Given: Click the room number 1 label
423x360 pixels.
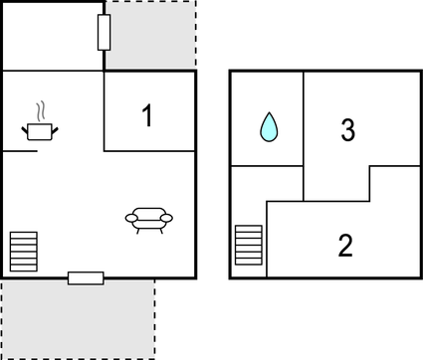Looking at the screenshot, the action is pos(147,116).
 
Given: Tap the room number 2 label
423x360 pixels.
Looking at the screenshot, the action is pos(345,245).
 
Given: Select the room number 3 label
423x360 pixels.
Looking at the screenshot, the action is pos(347,130).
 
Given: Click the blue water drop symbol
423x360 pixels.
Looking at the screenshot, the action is pos(268,126).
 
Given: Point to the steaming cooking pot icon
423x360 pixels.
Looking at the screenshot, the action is pos(40,129).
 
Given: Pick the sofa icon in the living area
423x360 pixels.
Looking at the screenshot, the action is pos(148,219).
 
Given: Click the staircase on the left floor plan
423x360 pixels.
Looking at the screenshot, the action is pos(23,251).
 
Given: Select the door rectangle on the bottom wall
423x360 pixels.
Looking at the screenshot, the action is pos(86,277).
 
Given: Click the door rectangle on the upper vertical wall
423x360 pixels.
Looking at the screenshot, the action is pos(104,33).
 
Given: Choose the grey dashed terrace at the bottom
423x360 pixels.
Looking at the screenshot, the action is pos(78,318).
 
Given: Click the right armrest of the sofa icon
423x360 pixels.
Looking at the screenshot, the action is pos(166,218).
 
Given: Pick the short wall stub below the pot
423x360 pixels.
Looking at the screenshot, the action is pos(20,150).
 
